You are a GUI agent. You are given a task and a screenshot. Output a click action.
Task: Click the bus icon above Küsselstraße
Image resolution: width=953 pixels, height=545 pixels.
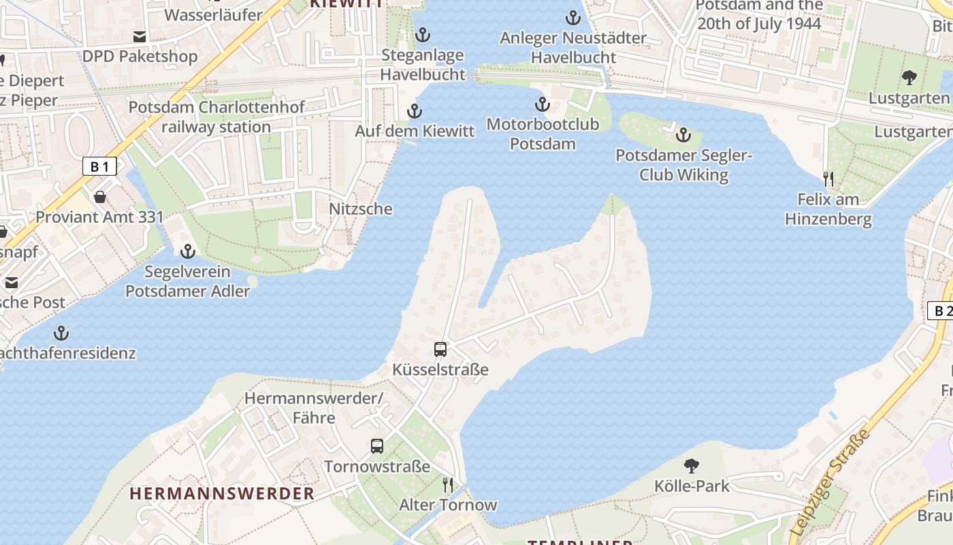[x=440, y=349]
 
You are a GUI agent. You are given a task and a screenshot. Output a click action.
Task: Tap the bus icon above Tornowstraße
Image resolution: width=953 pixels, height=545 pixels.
[x=377, y=446]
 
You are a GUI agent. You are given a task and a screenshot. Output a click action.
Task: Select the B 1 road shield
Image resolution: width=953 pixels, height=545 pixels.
[x=99, y=166]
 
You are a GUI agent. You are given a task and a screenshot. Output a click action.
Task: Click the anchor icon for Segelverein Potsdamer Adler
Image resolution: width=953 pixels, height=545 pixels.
[x=187, y=252]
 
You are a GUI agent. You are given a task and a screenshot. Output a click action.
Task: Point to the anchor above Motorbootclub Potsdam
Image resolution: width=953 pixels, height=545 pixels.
[x=543, y=104]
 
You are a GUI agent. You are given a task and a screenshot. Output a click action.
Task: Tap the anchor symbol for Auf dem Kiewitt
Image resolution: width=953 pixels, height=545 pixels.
[x=415, y=111]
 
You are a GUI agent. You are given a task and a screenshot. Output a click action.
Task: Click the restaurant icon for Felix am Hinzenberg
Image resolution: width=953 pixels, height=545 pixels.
[x=828, y=179]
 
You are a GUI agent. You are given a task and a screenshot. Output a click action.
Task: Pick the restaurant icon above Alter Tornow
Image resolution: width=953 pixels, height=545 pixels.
[x=448, y=485]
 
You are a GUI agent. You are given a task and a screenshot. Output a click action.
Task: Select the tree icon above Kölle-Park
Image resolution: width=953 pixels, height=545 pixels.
[x=692, y=466]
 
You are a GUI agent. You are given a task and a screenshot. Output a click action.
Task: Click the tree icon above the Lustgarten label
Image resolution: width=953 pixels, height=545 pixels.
[x=909, y=78]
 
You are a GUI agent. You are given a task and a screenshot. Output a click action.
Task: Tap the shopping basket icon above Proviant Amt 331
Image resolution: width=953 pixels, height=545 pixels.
[x=100, y=197]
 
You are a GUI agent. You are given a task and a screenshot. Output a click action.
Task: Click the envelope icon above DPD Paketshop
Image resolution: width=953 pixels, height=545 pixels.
[x=140, y=36]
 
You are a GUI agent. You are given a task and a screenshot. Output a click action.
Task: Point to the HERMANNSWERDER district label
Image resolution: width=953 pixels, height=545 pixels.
[x=222, y=493]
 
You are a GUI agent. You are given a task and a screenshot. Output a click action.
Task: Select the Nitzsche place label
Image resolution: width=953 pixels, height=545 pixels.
[x=361, y=209]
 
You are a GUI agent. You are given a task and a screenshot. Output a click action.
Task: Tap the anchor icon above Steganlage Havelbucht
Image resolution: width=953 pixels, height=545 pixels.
[x=423, y=34]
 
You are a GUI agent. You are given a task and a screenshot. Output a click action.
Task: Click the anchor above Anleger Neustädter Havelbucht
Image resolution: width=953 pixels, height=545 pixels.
[x=573, y=18]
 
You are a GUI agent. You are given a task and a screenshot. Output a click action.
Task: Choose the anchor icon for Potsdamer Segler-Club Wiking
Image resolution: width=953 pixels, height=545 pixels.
[x=683, y=135]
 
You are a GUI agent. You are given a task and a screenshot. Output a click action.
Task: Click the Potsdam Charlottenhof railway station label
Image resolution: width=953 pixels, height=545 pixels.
[x=216, y=117]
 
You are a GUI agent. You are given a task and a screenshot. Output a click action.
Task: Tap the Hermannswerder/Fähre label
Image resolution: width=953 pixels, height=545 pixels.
[x=314, y=407]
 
